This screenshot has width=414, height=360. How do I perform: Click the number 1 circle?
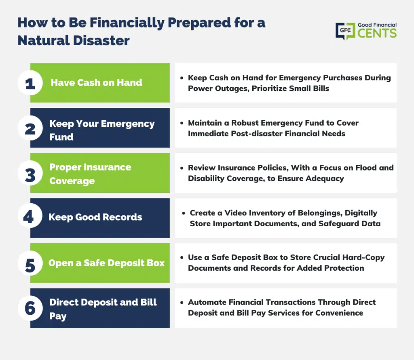pyautogui.click(x=30, y=83)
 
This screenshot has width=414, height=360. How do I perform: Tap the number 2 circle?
pyautogui.click(x=30, y=128)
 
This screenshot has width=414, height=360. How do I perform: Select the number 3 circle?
pyautogui.click(x=30, y=173)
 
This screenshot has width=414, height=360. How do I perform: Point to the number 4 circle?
pyautogui.click(x=30, y=216)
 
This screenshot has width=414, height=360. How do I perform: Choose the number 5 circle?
pyautogui.click(x=30, y=263)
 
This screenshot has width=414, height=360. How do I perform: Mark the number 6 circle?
pyautogui.click(x=30, y=308)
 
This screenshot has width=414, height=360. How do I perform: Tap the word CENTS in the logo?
pyautogui.click(x=377, y=33)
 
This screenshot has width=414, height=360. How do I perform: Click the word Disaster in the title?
pyautogui.click(x=101, y=41)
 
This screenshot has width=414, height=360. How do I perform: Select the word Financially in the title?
pyautogui.click(x=127, y=23)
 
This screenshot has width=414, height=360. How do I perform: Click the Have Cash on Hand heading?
pyautogui.click(x=96, y=82)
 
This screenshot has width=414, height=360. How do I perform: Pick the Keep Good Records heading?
pyautogui.click(x=95, y=217)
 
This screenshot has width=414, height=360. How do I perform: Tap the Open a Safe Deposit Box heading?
pyautogui.click(x=106, y=263)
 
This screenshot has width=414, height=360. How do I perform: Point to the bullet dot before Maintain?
pyautogui.click(x=182, y=123)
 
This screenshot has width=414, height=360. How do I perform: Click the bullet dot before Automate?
pyautogui.click(x=182, y=303)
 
